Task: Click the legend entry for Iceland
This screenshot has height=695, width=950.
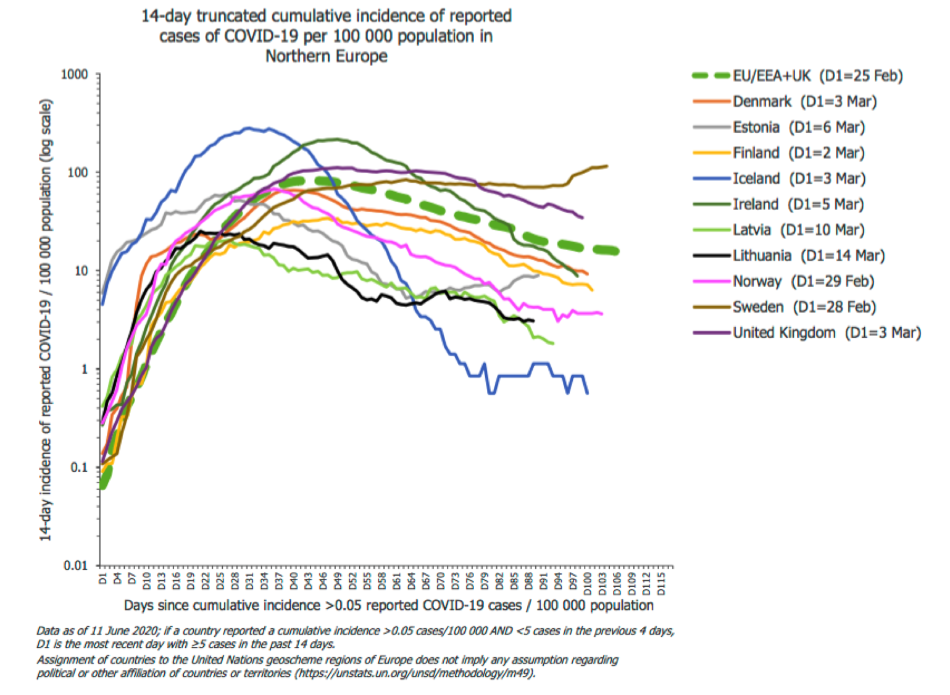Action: coord(798,179)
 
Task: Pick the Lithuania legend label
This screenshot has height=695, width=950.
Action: coord(808,256)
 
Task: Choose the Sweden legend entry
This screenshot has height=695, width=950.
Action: coord(804,307)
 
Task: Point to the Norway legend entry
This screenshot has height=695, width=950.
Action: coord(802,282)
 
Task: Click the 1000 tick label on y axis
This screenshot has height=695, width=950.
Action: coord(75,75)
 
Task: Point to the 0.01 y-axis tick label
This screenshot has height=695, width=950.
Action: coord(76,565)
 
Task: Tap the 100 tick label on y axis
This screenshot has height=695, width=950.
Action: coord(78,173)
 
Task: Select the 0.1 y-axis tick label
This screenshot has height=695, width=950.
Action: coord(80,468)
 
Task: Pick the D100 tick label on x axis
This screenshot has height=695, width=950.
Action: coord(588,583)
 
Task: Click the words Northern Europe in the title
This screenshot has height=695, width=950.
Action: coord(327,56)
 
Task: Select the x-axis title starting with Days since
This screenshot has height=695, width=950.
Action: coord(388,605)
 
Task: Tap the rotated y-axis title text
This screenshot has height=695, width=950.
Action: coord(46,320)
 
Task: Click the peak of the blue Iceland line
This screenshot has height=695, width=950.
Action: coord(248,128)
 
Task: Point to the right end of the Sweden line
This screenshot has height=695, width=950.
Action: coord(607,166)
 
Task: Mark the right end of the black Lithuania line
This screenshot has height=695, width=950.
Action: coord(533,321)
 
